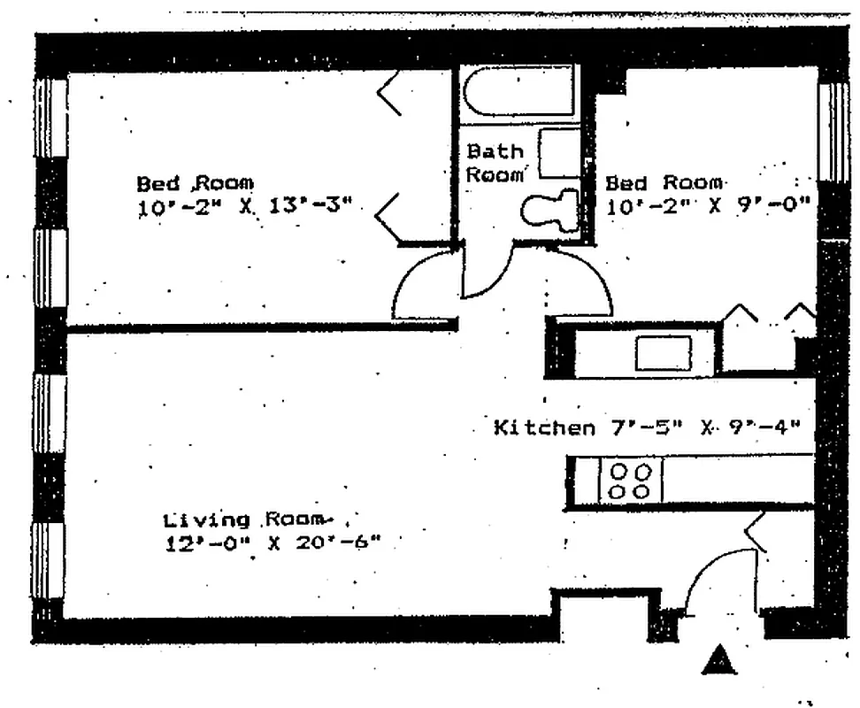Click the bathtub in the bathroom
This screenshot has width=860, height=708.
tap(518, 90)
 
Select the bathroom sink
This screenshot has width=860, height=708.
tap(559, 153)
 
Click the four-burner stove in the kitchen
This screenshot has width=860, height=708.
tap(629, 481)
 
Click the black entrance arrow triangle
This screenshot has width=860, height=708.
tap(720, 659)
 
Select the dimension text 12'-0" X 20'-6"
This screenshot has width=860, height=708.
tap(272, 543)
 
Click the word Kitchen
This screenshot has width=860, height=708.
tap(543, 428)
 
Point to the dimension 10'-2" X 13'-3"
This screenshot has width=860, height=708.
tap(245, 207)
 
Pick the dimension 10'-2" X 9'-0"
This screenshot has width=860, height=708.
tap(709, 206)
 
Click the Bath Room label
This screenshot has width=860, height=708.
tap(495, 163)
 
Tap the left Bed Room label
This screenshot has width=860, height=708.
tap(195, 183)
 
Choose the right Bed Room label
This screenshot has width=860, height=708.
tap(664, 183)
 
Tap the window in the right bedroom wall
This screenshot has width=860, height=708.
tap(833, 133)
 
